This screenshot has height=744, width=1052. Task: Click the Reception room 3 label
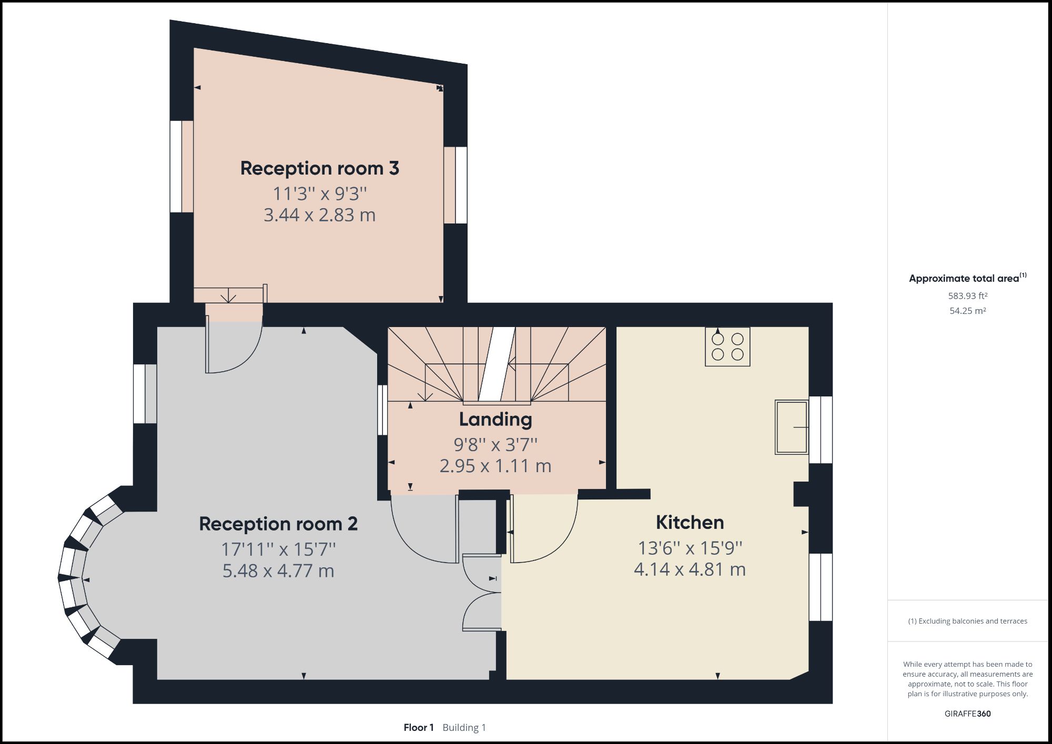[x=319, y=168]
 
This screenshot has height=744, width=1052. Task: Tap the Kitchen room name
[x=690, y=522]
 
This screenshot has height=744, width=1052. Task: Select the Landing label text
[x=495, y=419]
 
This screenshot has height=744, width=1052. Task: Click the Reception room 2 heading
[x=278, y=524]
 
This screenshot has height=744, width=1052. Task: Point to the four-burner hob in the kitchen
[x=727, y=346]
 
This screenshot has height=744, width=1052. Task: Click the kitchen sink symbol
[x=791, y=427]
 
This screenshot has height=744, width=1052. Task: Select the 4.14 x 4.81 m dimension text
[x=690, y=569]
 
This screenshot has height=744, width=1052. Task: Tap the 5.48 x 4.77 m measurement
[x=278, y=570]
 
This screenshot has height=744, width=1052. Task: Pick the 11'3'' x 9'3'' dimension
[x=319, y=193]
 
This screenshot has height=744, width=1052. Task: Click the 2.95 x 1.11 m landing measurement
[x=495, y=466]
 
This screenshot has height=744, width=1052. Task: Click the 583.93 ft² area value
[x=967, y=296]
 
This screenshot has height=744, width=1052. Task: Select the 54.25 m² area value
[x=967, y=311]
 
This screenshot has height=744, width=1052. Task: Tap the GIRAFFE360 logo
[x=967, y=714]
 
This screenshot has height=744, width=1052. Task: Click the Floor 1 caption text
[x=419, y=728]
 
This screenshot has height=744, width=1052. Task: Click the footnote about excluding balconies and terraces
[x=967, y=621]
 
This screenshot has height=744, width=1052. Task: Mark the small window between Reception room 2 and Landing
[x=382, y=410]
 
